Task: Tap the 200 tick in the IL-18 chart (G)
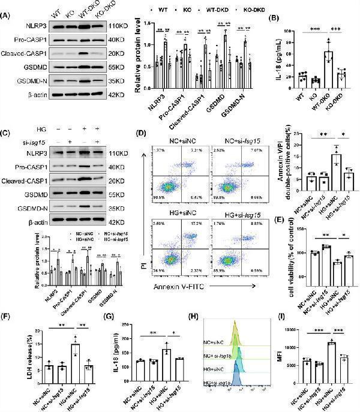click(129, 327)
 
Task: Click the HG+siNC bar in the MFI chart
click(330, 360)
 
